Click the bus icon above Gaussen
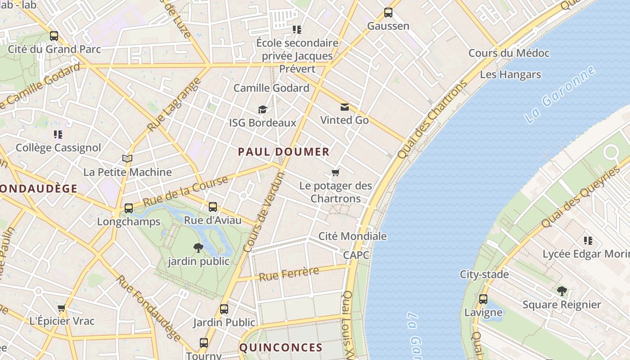(388, 13)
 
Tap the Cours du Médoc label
(509, 53)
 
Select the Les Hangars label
(510, 75)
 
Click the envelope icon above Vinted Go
(344, 107)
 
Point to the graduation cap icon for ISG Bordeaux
(262, 109)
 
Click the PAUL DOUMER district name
(283, 152)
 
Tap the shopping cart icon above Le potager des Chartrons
(335, 172)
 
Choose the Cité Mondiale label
(352, 236)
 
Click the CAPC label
(356, 255)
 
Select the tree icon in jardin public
(198, 247)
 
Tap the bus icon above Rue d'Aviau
(212, 207)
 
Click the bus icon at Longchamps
(129, 208)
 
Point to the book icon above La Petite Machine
(127, 158)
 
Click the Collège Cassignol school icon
(58, 134)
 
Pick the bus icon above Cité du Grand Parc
(54, 36)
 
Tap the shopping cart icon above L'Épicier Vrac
(62, 308)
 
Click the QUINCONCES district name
(281, 347)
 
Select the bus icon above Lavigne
(483, 299)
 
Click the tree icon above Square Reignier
(562, 291)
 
